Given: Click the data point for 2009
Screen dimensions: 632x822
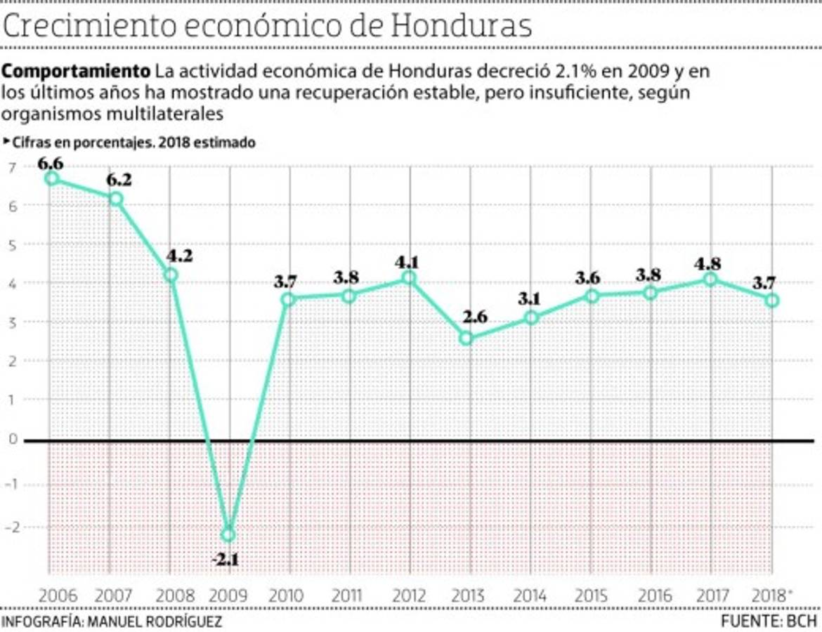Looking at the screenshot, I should coord(228,534).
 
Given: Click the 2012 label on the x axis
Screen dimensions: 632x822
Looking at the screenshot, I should coord(409,596).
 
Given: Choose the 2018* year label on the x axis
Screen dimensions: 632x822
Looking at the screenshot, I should coord(771,596).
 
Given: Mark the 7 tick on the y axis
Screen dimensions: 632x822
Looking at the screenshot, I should coord(12,167).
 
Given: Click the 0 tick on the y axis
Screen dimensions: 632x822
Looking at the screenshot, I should coord(12,440).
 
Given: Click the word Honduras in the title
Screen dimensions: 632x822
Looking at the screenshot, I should coord(460,26).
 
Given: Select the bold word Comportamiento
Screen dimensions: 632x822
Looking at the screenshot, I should coord(76,72).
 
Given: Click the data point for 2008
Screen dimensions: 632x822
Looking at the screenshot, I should coord(170,275).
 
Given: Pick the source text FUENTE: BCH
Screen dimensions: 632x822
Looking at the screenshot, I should coord(769,621).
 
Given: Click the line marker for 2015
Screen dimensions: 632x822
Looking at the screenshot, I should coord(592,296).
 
